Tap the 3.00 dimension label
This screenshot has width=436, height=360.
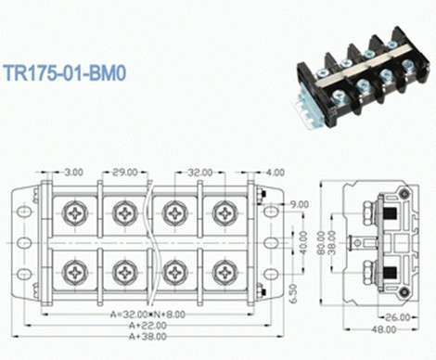tap(73, 172)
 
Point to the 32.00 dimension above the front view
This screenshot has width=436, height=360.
tap(199, 172)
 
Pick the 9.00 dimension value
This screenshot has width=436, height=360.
tap(299, 204)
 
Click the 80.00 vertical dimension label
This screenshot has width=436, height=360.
tap(321, 242)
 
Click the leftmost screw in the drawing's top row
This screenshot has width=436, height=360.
tap(74, 214)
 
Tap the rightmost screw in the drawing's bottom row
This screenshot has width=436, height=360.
tap(224, 272)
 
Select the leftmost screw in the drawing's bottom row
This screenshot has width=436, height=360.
tap(74, 272)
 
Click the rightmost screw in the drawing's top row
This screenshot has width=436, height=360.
tap(224, 214)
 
